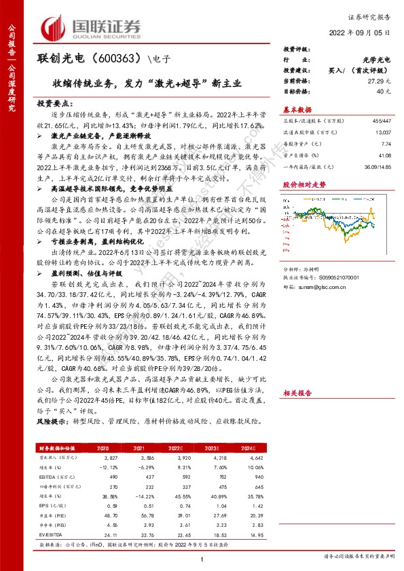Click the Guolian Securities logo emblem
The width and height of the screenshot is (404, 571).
point(55,26)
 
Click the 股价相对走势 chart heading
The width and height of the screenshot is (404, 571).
point(304,184)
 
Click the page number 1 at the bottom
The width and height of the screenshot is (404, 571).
point(202,558)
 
